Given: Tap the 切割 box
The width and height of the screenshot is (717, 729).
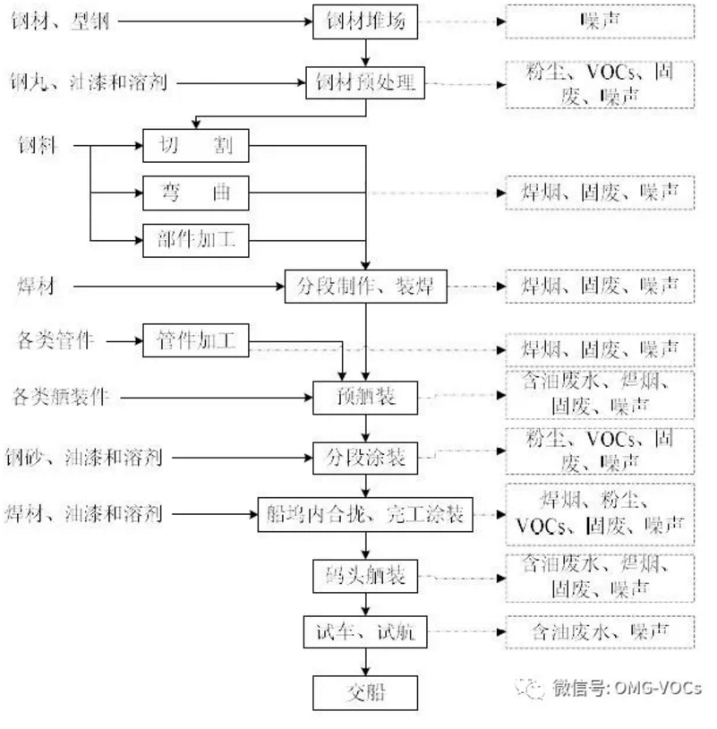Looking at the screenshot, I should pyautogui.click(x=195, y=146).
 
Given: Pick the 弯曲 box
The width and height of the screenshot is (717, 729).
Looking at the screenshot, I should pyautogui.click(x=195, y=193).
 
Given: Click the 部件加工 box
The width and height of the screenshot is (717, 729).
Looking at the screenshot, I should pyautogui.click(x=195, y=239).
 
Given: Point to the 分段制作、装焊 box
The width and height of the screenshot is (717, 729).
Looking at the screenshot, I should pyautogui.click(x=366, y=287).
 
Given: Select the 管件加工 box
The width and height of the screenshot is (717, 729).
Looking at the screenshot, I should pyautogui.click(x=195, y=340).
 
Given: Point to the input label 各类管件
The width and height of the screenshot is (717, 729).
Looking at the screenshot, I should pyautogui.click(x=55, y=340).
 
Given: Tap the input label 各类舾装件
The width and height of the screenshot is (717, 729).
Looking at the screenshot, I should pyautogui.click(x=63, y=395).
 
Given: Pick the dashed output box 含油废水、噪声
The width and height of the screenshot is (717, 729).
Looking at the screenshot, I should pyautogui.click(x=599, y=632).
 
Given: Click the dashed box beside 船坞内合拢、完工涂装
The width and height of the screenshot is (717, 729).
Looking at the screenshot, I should pyautogui.click(x=599, y=514).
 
